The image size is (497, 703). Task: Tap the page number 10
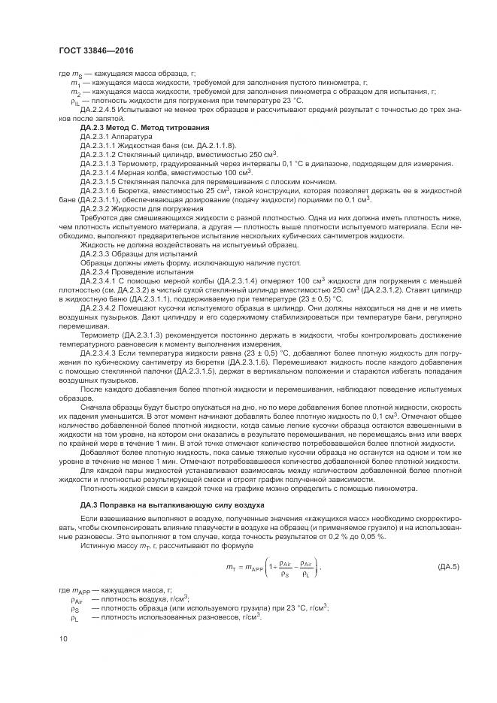(x=62, y=638)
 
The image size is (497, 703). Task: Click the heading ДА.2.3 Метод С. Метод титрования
(x=133, y=128)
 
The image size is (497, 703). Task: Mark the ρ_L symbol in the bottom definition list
(x=74, y=617)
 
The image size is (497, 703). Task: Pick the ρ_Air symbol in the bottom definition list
(x=76, y=600)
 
